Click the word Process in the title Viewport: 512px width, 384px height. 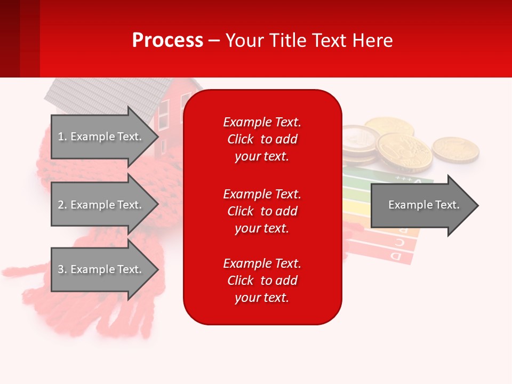coord(167,41)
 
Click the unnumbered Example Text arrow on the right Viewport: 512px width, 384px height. coord(423,205)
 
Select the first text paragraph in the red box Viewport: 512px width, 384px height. coord(262,139)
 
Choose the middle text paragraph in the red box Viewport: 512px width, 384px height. coord(262,211)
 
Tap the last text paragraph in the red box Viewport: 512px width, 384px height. coord(262,281)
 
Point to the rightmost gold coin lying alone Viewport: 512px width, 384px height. coord(455,149)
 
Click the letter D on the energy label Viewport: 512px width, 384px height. coord(396,257)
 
